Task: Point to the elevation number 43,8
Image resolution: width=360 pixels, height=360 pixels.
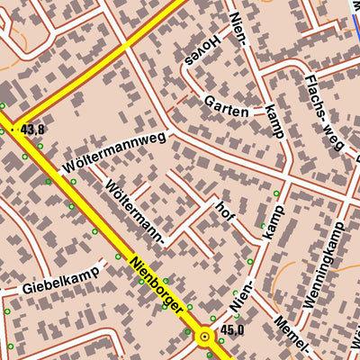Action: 32,130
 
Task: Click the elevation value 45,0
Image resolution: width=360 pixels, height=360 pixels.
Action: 232,329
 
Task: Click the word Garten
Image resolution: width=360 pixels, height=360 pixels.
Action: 225,104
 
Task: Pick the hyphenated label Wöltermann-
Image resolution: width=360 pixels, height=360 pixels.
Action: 135,212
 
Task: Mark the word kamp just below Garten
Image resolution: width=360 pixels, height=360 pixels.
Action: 274,121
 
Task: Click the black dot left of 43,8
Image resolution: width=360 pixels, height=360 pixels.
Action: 14,130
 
